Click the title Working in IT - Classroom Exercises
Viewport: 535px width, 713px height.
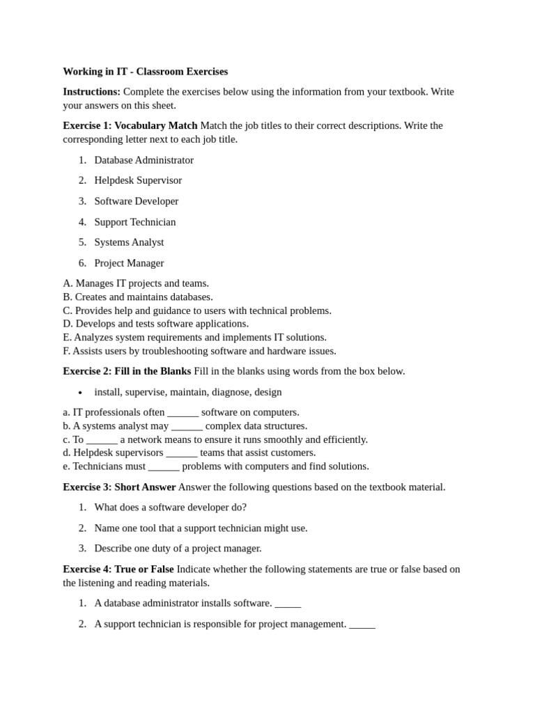[145, 72]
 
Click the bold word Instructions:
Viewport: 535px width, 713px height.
[91, 92]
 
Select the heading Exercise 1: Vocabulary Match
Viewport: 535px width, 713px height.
[130, 126]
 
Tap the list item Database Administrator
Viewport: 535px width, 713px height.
[144, 160]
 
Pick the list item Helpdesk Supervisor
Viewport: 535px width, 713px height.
[138, 180]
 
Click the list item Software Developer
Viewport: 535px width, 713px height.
[136, 201]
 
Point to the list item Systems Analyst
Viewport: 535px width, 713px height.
[129, 242]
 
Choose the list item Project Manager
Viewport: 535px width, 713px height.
[129, 263]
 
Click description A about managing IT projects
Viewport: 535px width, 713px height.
[136, 283]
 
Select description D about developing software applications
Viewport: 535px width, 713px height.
[155, 324]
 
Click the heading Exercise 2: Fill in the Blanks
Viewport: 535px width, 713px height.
[127, 371]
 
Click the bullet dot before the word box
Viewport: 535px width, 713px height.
[81, 393]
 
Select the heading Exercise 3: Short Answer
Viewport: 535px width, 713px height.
[119, 487]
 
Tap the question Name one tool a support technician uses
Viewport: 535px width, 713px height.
[201, 528]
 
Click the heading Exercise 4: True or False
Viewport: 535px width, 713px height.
[118, 570]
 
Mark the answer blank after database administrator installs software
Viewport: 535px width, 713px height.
[288, 604]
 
